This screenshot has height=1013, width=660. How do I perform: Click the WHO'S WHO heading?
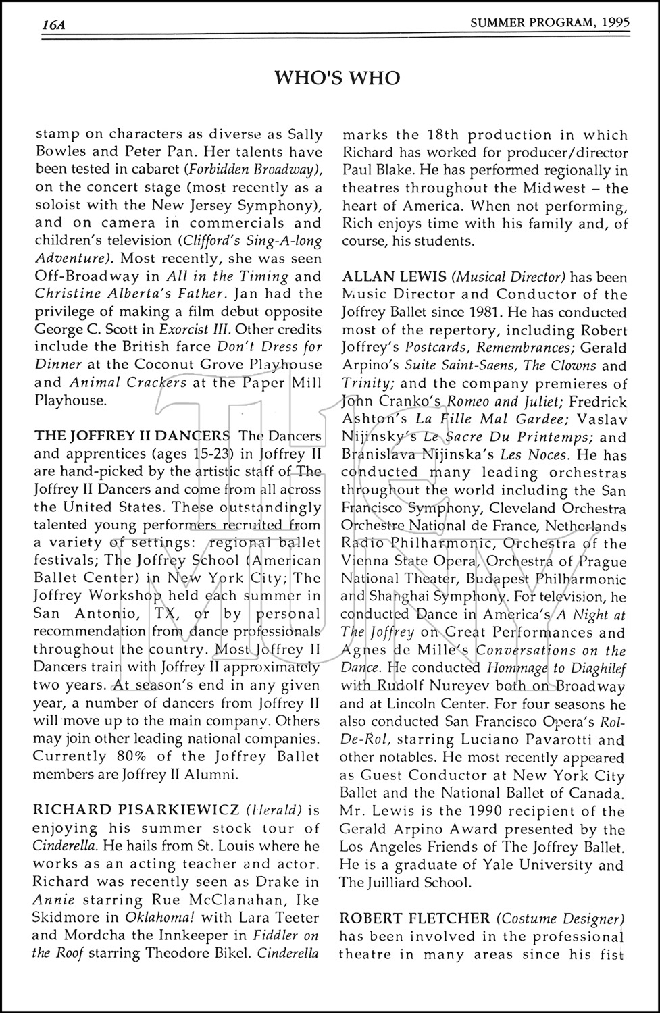coord(337,78)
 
